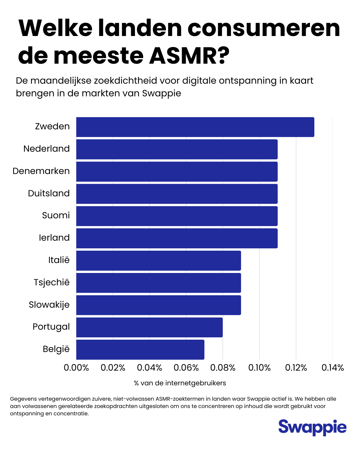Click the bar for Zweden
pyautogui.click(x=195, y=127)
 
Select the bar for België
pyautogui.click(x=140, y=350)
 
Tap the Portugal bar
pyautogui.click(x=149, y=327)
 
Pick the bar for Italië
pyautogui.click(x=158, y=261)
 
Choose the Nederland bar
pyautogui.click(x=177, y=149)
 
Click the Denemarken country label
pyautogui.click(x=41, y=171)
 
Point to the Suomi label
pyautogui.click(x=56, y=215)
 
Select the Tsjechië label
pyautogui.click(x=52, y=282)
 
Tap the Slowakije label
pyautogui.click(x=49, y=305)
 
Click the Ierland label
pyautogui.click(x=54, y=238)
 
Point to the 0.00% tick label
pyautogui.click(x=76, y=368)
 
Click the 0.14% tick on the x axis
pyautogui.click(x=332, y=368)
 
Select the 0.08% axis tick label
pyautogui.click(x=223, y=368)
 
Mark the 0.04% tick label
pyautogui.click(x=149, y=368)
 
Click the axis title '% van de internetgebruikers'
pyautogui.click(x=180, y=383)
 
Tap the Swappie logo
pyautogui.click(x=312, y=427)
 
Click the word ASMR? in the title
pyautogui.click(x=189, y=56)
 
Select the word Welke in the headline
pyautogui.click(x=55, y=28)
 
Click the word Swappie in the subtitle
pyautogui.click(x=161, y=93)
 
